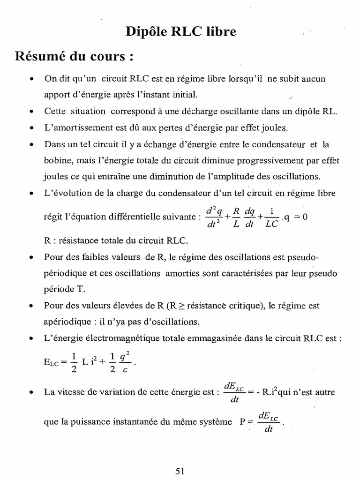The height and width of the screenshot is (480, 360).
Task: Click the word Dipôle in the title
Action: coord(144,32)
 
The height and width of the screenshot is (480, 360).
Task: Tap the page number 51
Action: coord(180,472)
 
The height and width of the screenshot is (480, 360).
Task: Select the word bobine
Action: coord(57,160)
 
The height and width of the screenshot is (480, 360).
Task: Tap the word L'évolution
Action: coord(65,193)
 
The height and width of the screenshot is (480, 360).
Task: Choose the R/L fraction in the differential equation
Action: coord(237,217)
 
